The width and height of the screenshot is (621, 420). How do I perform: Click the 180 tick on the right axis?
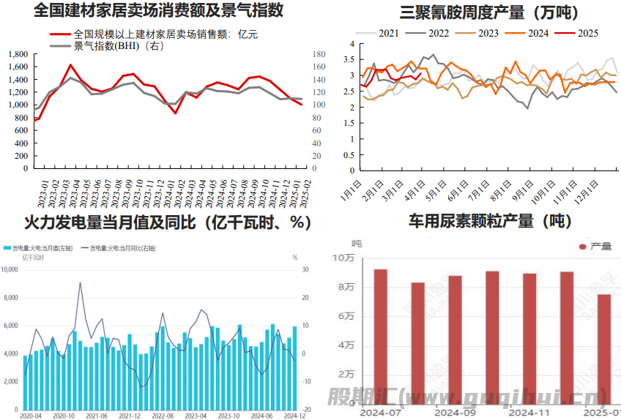[x=319, y=54]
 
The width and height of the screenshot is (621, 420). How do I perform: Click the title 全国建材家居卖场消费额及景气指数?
[x=159, y=11]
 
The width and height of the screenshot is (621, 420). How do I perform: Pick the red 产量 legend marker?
[x=583, y=247]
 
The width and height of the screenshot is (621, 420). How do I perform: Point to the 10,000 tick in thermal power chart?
[x=10, y=270]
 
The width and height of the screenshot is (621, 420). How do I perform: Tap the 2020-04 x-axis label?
[x=31, y=415]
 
